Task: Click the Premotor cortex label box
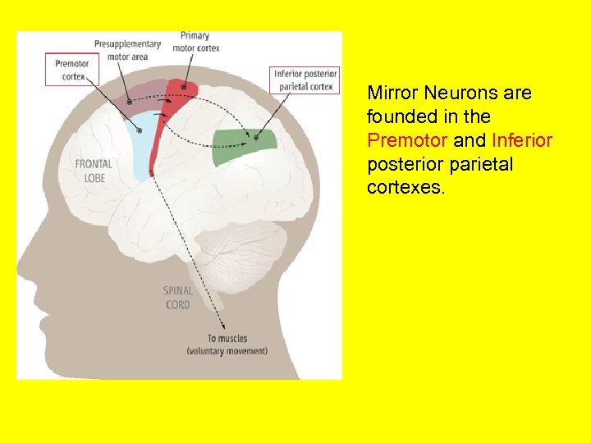coord(71,69)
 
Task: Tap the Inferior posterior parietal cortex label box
coord(305,80)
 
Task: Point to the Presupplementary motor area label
coord(127,50)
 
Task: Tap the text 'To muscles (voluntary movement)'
coord(227,345)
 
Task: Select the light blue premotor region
coord(143,144)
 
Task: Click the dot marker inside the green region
coord(257,137)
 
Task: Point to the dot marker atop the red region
coord(184,86)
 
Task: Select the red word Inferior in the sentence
coord(522,140)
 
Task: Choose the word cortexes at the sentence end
coord(405,188)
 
